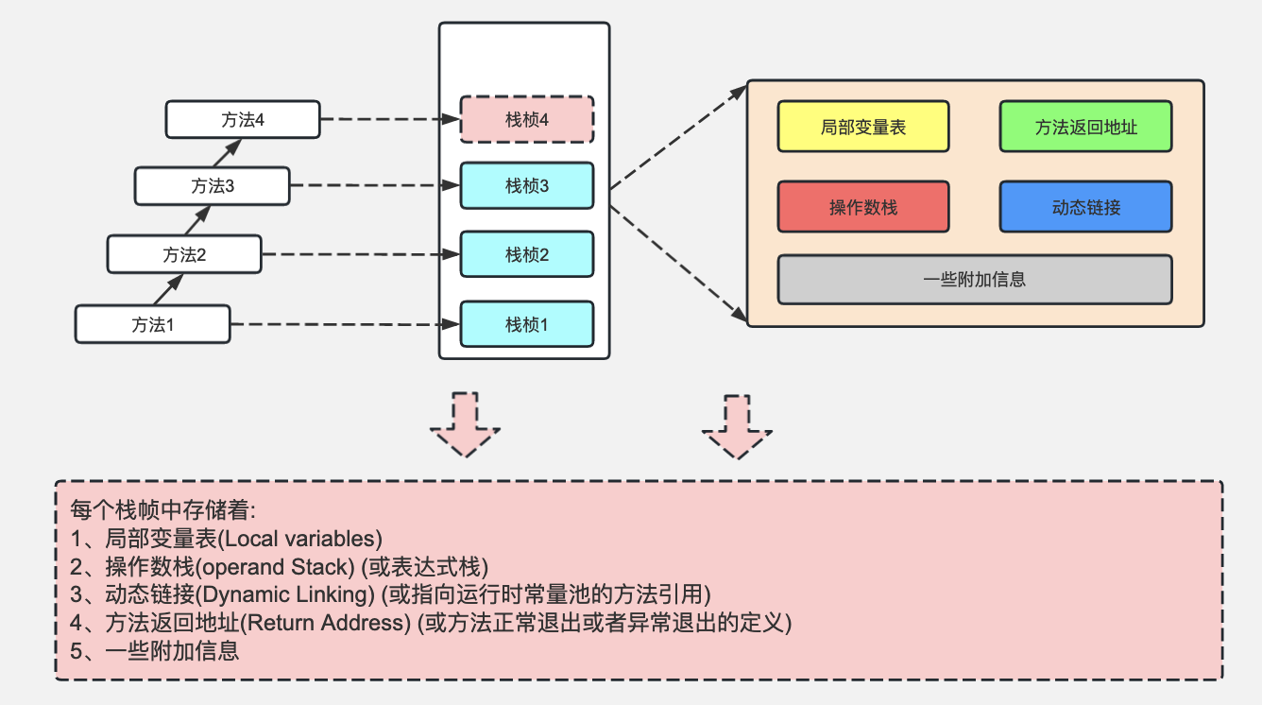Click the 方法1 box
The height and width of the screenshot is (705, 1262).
(153, 324)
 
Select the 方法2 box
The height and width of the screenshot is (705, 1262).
(183, 254)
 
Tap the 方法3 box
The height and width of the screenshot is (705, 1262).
(212, 186)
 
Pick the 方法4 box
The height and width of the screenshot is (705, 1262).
(243, 119)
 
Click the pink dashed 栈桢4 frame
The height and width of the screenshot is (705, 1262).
(527, 119)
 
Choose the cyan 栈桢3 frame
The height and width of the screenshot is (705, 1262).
(527, 186)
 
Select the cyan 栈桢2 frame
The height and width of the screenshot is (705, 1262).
(527, 254)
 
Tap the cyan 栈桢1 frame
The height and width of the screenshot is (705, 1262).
(527, 324)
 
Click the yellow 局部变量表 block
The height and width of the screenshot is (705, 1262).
(863, 127)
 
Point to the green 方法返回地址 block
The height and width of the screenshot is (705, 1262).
(1085, 127)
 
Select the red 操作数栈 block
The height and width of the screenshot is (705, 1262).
(863, 207)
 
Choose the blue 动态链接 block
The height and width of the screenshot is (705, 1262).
(1085, 207)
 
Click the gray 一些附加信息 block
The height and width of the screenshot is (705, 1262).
(975, 279)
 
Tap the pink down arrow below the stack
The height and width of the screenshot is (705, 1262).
(465, 424)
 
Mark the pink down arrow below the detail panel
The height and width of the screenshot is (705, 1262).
(737, 426)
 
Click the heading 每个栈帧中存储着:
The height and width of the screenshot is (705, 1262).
(163, 511)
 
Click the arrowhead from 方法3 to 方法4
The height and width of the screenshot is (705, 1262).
(234, 146)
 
